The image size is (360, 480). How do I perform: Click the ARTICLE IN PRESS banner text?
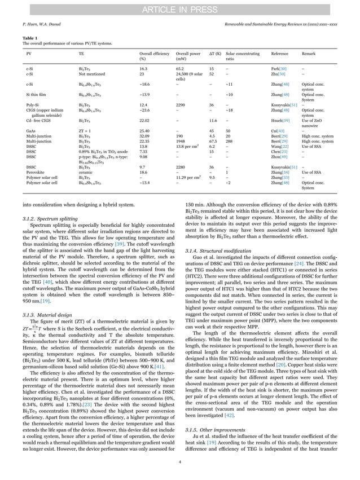tap(179, 7)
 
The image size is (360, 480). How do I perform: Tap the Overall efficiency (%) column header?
tap(154, 56)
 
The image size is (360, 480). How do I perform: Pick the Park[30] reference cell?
tap(279, 68)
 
